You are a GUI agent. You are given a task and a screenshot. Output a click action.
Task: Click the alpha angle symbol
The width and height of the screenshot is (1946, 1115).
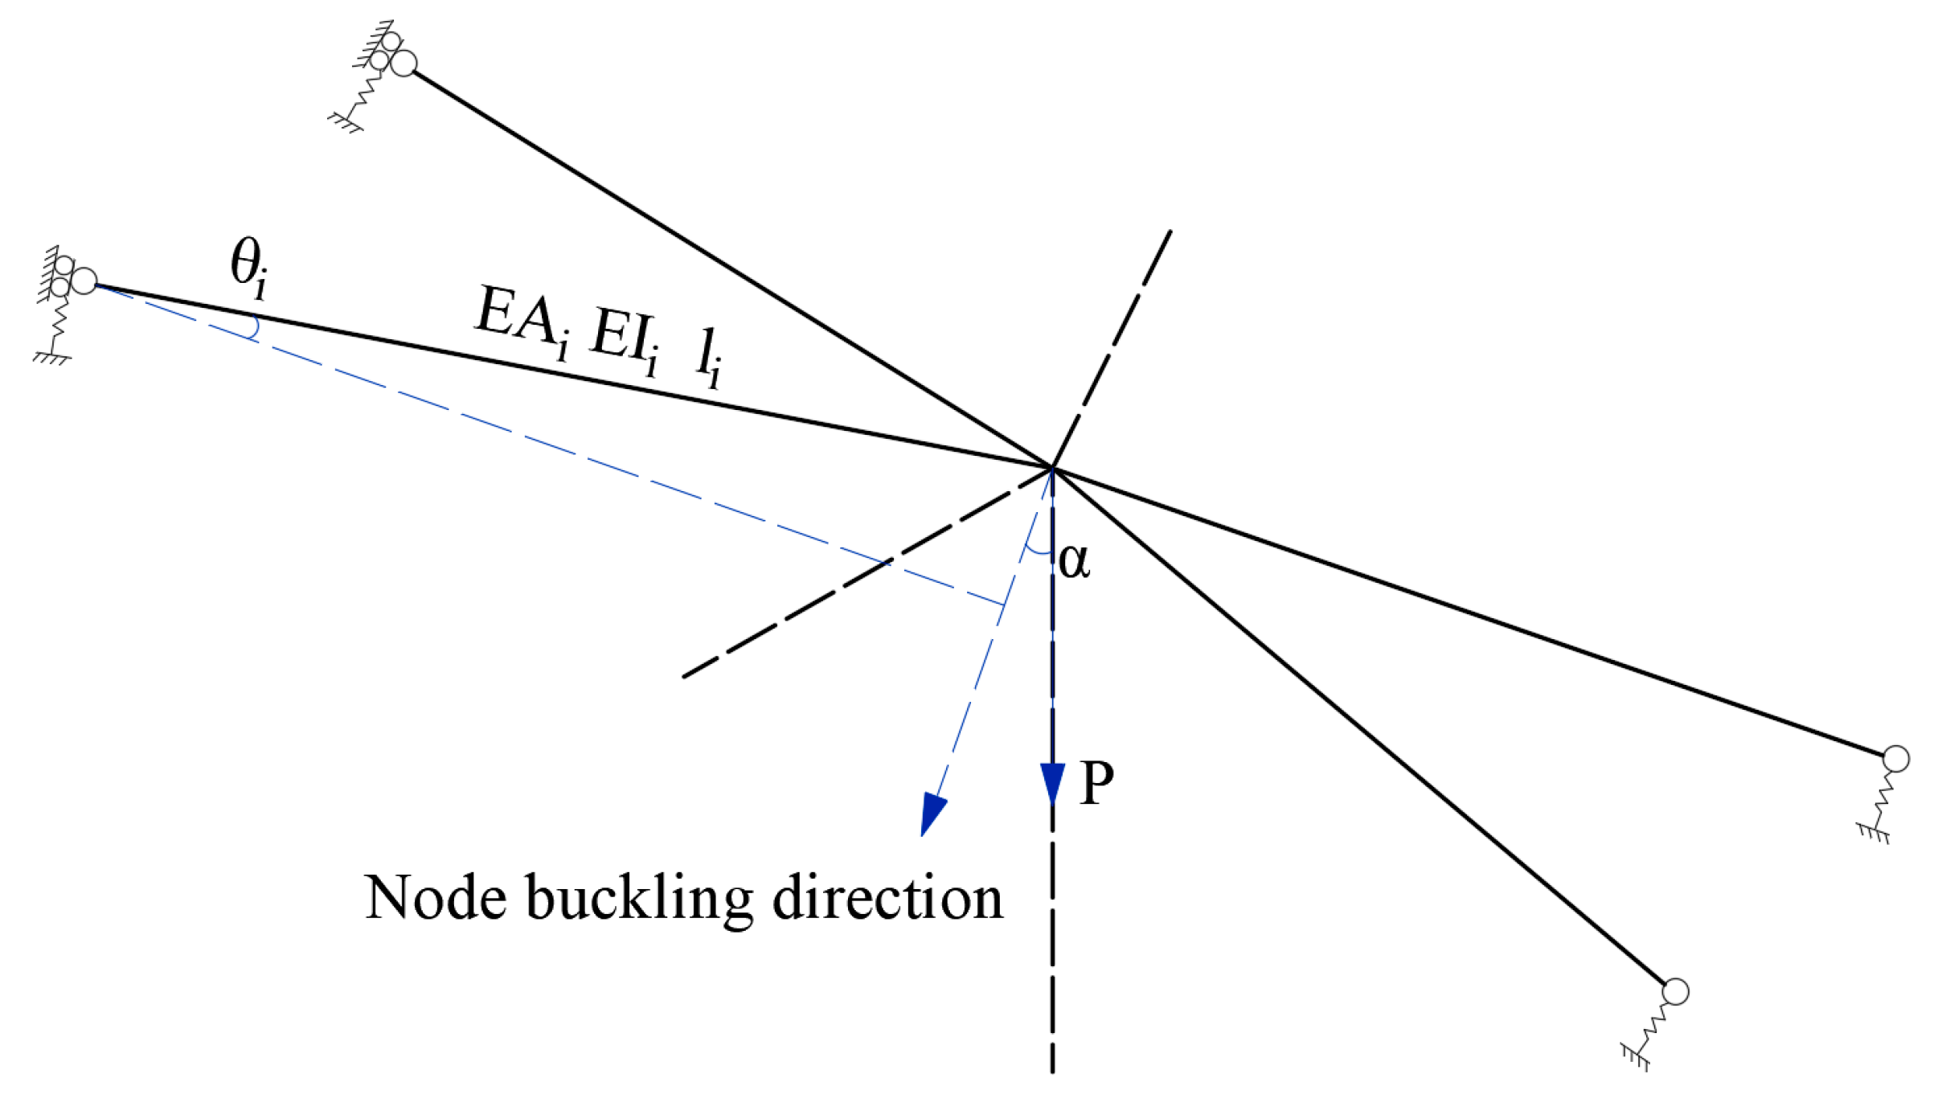[x=1074, y=560]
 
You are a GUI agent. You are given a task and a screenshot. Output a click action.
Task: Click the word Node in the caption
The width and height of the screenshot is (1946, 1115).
[x=435, y=897]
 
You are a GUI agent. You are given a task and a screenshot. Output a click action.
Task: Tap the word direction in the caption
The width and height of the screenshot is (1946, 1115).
[x=887, y=897]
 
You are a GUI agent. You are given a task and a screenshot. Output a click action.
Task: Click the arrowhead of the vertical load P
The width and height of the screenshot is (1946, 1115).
[x=1052, y=783]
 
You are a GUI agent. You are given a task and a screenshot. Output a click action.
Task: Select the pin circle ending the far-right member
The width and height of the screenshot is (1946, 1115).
[x=1895, y=758]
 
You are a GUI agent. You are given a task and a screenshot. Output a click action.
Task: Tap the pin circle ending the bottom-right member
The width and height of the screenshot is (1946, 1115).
[x=1675, y=991]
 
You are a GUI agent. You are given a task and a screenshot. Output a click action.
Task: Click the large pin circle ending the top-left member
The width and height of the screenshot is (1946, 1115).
[x=404, y=63]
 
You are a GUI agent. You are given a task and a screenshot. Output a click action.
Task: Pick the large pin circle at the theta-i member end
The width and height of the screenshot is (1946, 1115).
[x=84, y=281]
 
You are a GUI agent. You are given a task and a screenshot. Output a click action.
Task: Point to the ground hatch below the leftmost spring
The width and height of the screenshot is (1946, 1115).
[x=52, y=359]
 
